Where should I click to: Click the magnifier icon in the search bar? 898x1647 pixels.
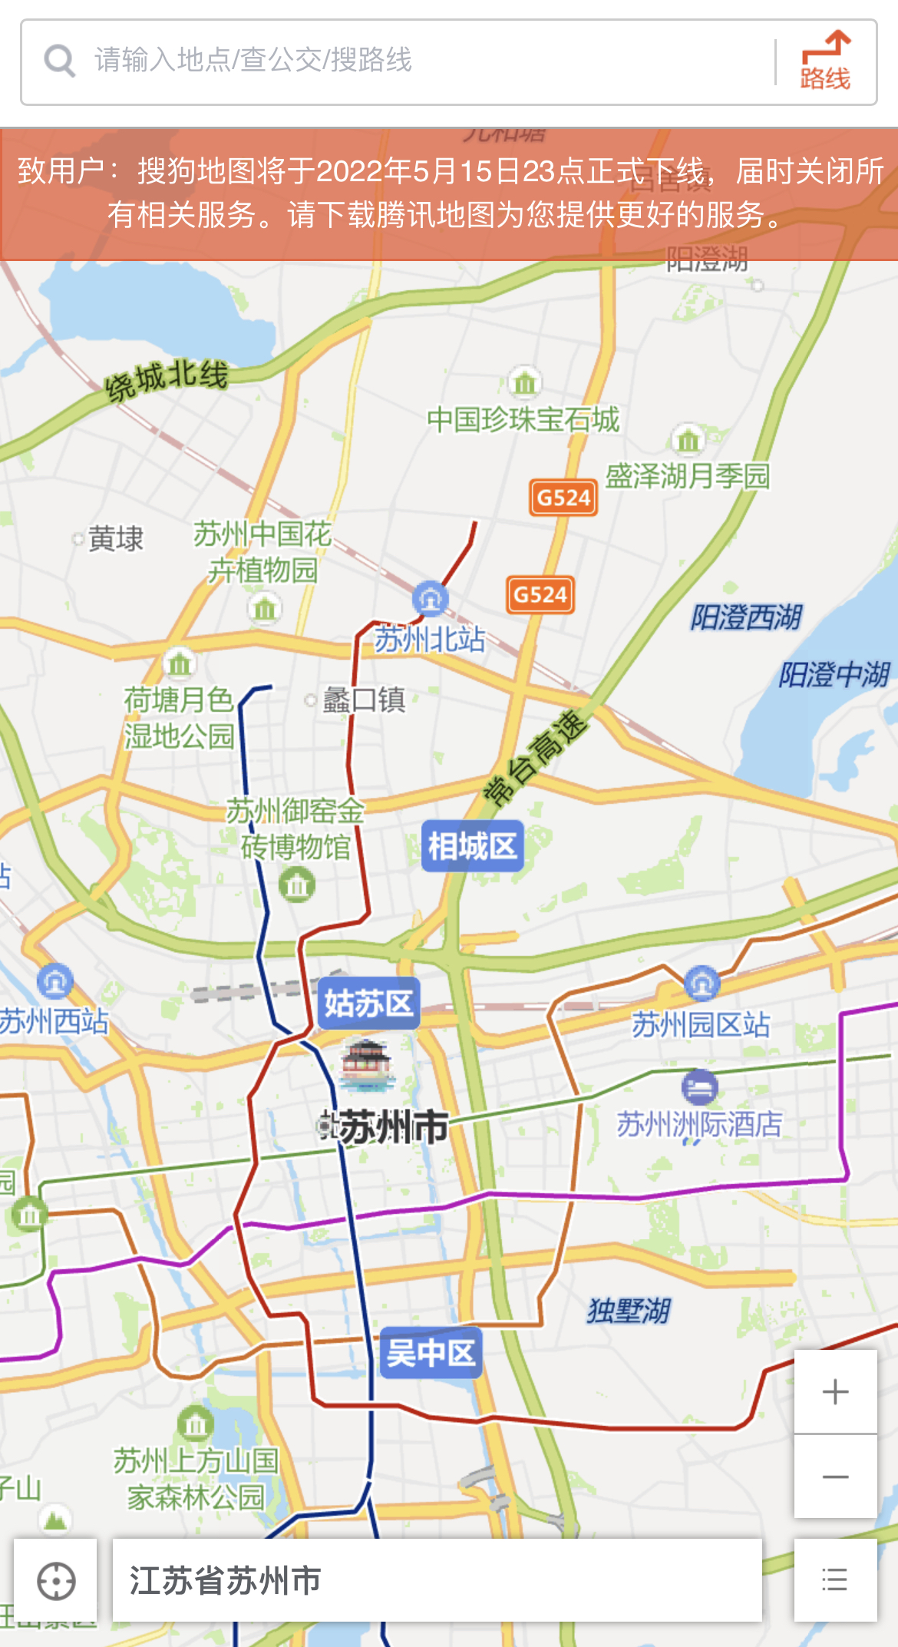[x=60, y=61]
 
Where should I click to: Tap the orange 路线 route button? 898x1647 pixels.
[x=826, y=61]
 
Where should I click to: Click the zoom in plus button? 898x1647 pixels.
[x=835, y=1392]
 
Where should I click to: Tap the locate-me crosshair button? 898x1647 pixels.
[x=56, y=1582]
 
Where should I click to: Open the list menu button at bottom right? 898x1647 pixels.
[x=835, y=1581]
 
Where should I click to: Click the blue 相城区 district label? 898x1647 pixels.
[x=472, y=846]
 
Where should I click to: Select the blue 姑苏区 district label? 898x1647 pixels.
[x=368, y=1003]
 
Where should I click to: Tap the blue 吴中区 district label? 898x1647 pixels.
[x=431, y=1353]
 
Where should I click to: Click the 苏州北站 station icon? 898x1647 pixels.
[x=431, y=599]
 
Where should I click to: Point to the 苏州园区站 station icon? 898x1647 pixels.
[x=702, y=984]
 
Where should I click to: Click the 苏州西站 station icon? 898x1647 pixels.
[x=55, y=981]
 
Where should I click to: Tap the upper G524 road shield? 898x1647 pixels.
[x=563, y=498]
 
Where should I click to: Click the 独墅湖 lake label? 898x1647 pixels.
[x=629, y=1311]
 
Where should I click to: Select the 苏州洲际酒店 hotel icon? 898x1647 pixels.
[x=699, y=1086]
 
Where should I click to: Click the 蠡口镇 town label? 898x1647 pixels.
[x=362, y=699]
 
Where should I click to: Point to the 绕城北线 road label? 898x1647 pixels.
[x=167, y=379]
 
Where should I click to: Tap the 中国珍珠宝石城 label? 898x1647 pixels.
[x=523, y=419]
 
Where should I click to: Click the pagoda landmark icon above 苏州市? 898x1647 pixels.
[x=368, y=1063]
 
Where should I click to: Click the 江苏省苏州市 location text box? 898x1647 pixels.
[x=437, y=1581]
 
